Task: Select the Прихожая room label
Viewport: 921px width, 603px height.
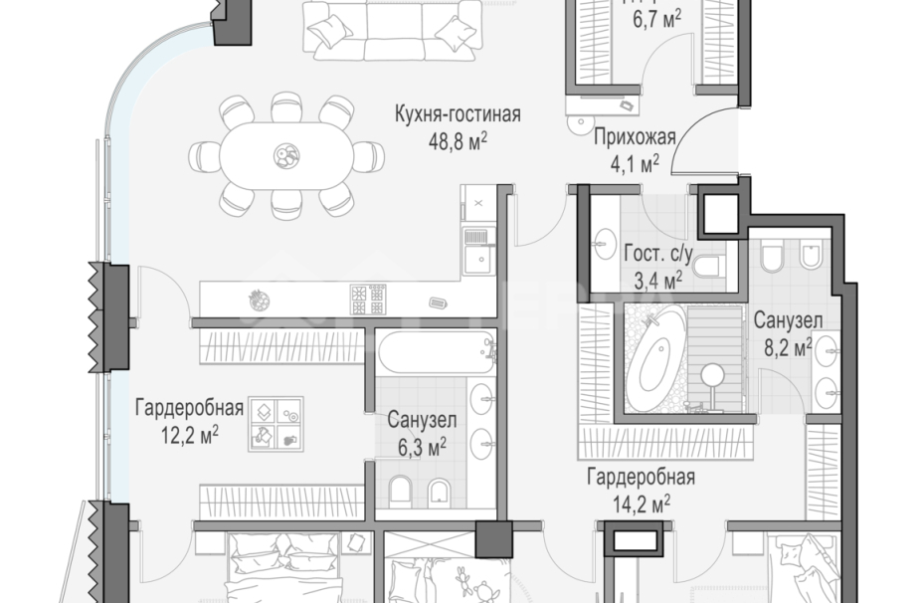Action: (x=635, y=137)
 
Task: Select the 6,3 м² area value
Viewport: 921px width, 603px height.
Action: (x=422, y=448)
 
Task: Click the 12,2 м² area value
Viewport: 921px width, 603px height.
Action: (x=190, y=434)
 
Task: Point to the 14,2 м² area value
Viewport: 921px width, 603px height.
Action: (x=641, y=502)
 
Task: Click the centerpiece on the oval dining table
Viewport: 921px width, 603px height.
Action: (x=284, y=154)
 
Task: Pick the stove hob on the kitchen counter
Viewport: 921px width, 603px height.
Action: (x=365, y=296)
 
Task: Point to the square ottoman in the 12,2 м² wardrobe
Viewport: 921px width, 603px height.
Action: (x=276, y=425)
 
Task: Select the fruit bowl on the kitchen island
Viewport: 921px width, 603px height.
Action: (x=259, y=296)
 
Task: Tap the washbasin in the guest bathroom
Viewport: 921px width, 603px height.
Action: (x=605, y=240)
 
